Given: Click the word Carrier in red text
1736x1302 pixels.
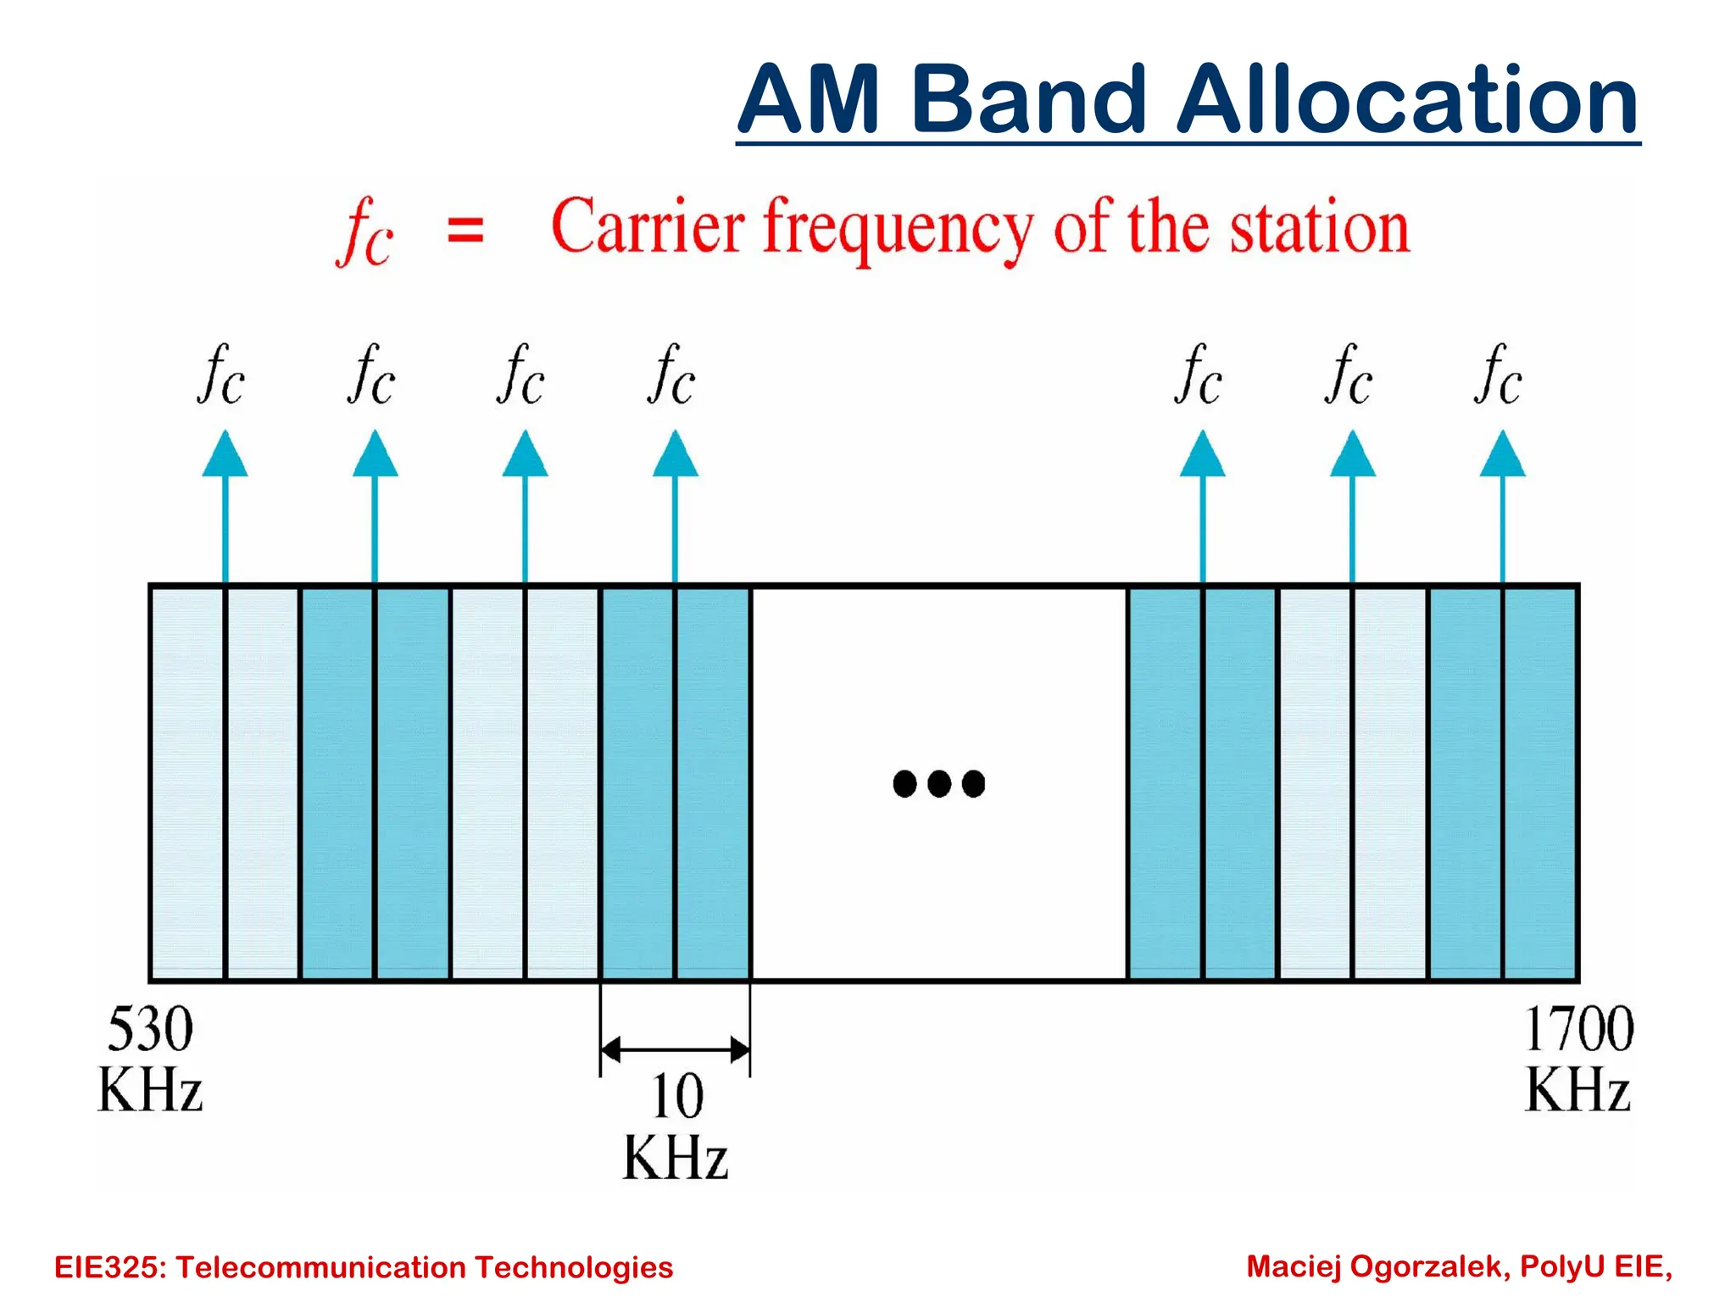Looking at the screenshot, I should coord(648,227).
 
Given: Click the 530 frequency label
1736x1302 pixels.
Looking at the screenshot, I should coord(150,1029).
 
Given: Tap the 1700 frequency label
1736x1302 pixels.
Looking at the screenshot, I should coord(1578,1029).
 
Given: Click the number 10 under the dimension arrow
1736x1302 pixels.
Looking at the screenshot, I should coord(676,1096).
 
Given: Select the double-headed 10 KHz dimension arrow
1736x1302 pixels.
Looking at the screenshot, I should coord(675,1050).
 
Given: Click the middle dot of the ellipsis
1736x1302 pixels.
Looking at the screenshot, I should coord(939,783).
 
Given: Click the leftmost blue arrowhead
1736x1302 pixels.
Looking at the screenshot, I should coord(225,455).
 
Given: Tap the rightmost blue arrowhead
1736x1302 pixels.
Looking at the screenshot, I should coord(1502,455).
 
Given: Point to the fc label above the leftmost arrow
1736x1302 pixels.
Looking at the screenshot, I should coord(222,375).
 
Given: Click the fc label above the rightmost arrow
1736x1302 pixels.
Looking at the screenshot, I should coord(1499,375).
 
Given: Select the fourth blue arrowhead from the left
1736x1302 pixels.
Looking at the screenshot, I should coord(675,455).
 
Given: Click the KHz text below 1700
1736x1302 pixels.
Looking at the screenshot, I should coord(1577,1090).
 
